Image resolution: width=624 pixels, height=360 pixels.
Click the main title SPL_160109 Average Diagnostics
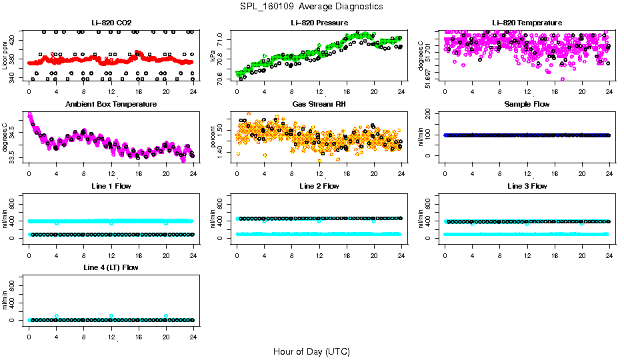pos(312,6)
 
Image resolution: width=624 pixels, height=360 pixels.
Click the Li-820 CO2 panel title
pos(111,23)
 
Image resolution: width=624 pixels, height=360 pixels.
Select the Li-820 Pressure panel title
pos(319,23)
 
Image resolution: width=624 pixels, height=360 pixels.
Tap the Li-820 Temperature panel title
pos(527,23)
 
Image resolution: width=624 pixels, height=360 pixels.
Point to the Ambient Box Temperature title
pos(111,105)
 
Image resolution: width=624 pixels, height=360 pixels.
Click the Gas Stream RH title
pos(319,105)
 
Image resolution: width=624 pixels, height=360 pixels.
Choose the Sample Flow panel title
pos(527,105)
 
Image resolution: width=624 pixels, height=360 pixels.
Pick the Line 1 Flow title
pos(111,186)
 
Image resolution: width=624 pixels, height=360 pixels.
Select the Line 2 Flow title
pos(319,186)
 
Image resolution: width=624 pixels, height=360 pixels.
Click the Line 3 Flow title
pos(527,186)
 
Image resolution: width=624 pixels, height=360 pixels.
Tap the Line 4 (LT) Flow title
pos(111,267)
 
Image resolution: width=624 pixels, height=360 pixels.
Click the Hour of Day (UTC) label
pos(311,351)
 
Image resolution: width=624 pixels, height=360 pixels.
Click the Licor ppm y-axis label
pos(6,56)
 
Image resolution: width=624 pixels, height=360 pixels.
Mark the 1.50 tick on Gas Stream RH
pos(223,121)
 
